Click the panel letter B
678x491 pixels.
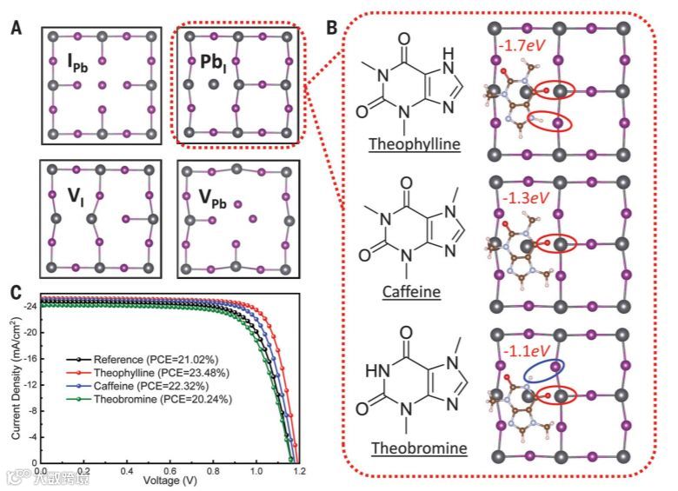coord(331,28)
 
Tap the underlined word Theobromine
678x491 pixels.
coord(414,448)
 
